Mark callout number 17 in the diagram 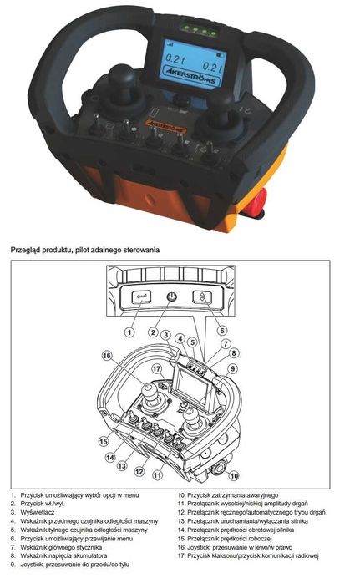[155, 368]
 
